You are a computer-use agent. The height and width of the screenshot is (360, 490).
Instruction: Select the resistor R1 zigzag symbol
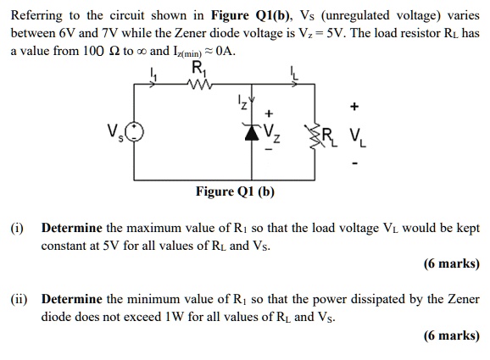[198, 85]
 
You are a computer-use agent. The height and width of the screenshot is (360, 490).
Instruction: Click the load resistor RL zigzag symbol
[322, 134]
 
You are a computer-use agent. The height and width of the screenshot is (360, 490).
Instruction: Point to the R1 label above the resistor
[198, 69]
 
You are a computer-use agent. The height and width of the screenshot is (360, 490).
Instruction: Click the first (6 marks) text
[451, 263]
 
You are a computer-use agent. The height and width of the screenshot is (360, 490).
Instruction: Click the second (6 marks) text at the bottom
[451, 335]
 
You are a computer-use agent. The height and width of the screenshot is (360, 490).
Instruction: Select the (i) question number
[17, 229]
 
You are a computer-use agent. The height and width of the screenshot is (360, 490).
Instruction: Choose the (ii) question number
[19, 300]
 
